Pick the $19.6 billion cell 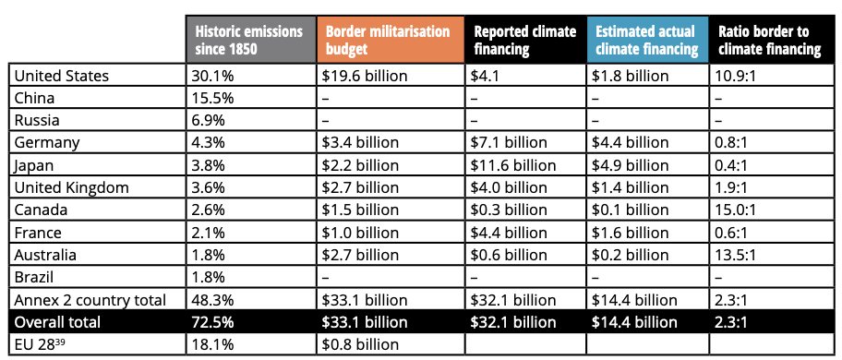point(360,76)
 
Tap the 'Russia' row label point(37,120)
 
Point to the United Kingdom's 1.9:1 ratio point(734,187)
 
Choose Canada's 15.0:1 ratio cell point(738,210)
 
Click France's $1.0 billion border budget point(360,233)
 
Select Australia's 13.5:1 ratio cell point(738,255)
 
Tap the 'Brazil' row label point(35,277)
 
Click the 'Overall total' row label point(57,322)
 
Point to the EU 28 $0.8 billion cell point(360,344)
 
